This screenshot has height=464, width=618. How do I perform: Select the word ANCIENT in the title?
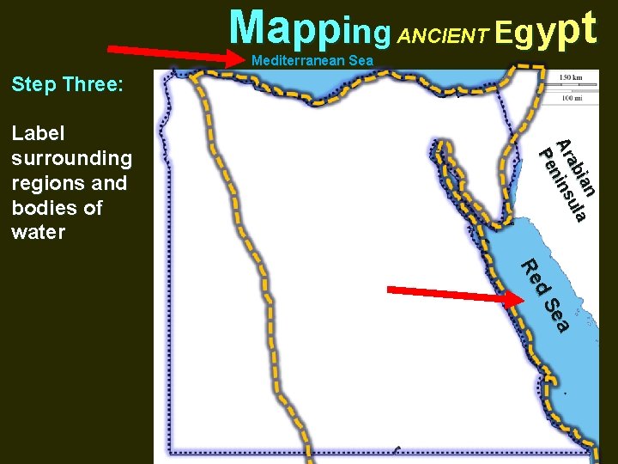pos(444,35)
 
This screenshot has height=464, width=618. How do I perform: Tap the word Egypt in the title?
pos(545,30)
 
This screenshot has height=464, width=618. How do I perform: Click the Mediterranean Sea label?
pos(312,61)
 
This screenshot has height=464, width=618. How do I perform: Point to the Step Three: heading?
pos(67,84)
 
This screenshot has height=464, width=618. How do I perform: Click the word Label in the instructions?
pos(39,133)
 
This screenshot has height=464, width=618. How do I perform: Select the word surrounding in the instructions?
pos(71,159)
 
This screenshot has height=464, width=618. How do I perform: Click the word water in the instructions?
pos(39,232)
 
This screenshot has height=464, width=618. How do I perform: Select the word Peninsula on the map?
pos(562,186)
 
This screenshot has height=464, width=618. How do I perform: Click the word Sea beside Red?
pos(558,314)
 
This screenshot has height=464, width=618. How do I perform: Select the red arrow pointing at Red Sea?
pos(455,291)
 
